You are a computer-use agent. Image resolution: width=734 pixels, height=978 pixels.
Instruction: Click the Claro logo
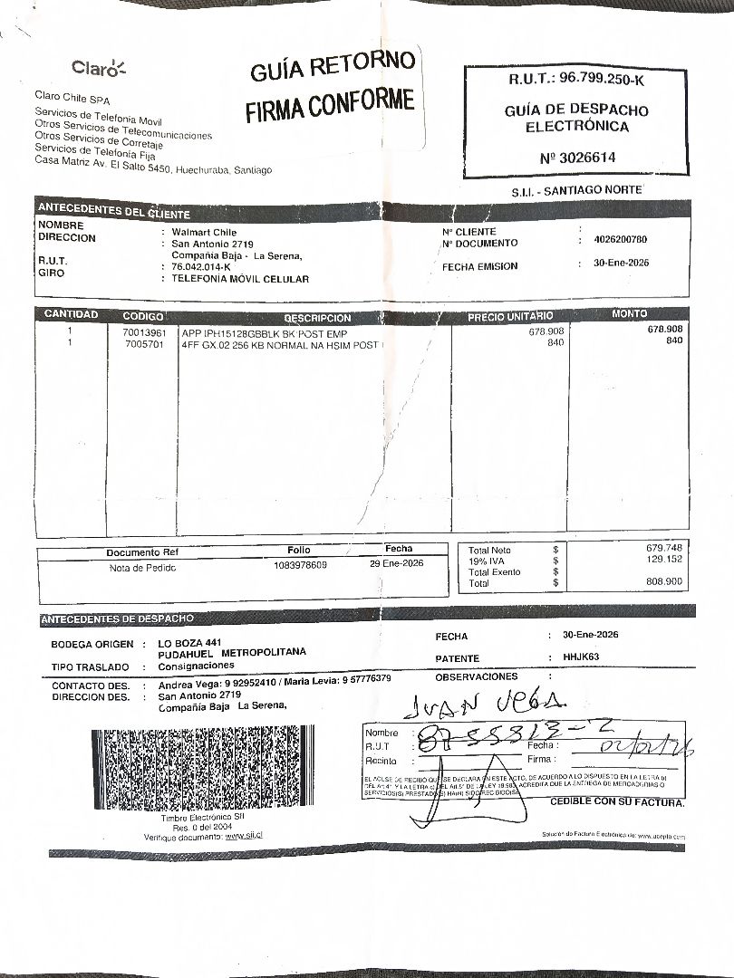[x=99, y=67]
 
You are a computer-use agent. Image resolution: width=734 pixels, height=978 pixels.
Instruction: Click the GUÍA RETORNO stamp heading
[x=333, y=66]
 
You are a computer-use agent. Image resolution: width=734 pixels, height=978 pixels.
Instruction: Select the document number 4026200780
[x=620, y=240]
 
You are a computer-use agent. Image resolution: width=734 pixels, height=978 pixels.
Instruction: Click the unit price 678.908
[x=546, y=331]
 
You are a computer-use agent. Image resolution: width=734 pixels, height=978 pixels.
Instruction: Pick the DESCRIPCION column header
[x=316, y=318]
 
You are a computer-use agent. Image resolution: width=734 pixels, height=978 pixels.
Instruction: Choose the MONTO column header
[x=629, y=313]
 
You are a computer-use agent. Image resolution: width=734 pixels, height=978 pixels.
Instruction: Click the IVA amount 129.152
[x=664, y=560]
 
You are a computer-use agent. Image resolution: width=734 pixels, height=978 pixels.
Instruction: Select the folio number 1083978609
[x=300, y=565]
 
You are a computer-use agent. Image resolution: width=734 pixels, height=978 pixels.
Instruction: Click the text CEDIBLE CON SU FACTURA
[x=617, y=802]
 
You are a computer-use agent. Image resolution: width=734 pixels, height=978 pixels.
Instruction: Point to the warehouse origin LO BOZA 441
[x=189, y=642]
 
